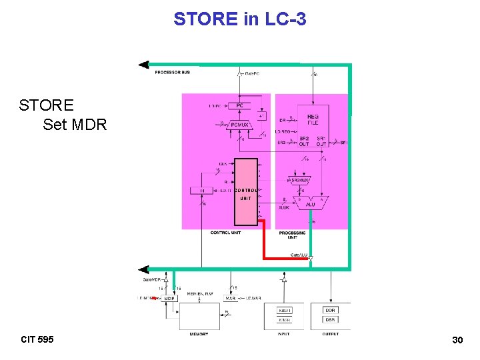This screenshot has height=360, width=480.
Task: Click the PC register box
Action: pos(239,105)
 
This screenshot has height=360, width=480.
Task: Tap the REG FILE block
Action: pos(313,119)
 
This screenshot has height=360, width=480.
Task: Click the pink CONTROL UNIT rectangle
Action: pos(246,192)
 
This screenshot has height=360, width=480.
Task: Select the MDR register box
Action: pos(169,299)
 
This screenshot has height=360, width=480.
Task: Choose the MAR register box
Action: pos(230,299)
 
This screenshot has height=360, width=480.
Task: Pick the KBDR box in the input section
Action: pos(285,310)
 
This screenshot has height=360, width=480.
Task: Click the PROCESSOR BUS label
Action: pos(173,72)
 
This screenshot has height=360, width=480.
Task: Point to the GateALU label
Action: pos(299,255)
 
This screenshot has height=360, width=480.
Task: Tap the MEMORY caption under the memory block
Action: pos(199,333)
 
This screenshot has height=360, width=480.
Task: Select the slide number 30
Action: pos(457,340)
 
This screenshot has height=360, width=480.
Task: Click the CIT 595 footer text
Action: pos(37,339)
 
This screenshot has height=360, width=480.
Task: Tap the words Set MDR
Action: pos(75,124)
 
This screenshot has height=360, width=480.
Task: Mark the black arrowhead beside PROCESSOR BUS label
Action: pos(143,65)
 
